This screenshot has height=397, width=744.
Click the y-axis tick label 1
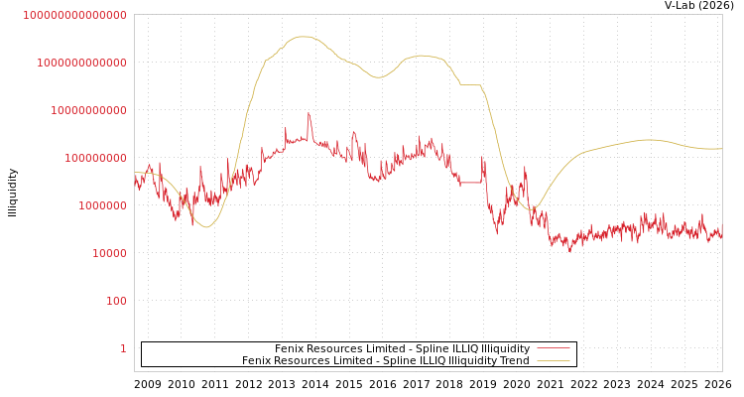tap(123, 348)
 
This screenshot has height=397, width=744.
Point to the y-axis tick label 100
tap(116, 301)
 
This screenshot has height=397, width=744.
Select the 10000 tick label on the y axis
tap(109, 253)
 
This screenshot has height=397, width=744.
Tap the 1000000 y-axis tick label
tap(102, 205)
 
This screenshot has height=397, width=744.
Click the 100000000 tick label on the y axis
tap(95, 158)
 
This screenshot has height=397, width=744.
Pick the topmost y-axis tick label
tap(74, 15)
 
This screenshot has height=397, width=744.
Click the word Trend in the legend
tap(513, 360)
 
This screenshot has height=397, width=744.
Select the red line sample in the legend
tap(553, 348)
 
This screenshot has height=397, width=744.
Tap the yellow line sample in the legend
tap(553, 360)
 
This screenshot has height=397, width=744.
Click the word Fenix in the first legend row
tap(290, 348)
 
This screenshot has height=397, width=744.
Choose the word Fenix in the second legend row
tap(257, 360)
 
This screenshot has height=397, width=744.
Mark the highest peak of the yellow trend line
tap(304, 37)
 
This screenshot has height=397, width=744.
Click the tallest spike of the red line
tap(309, 114)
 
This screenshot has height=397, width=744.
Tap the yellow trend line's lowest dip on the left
tap(205, 227)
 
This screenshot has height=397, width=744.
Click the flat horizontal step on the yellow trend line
tap(470, 84)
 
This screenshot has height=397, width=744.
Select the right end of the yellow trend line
tap(721, 149)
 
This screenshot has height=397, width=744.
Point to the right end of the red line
tap(721, 236)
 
